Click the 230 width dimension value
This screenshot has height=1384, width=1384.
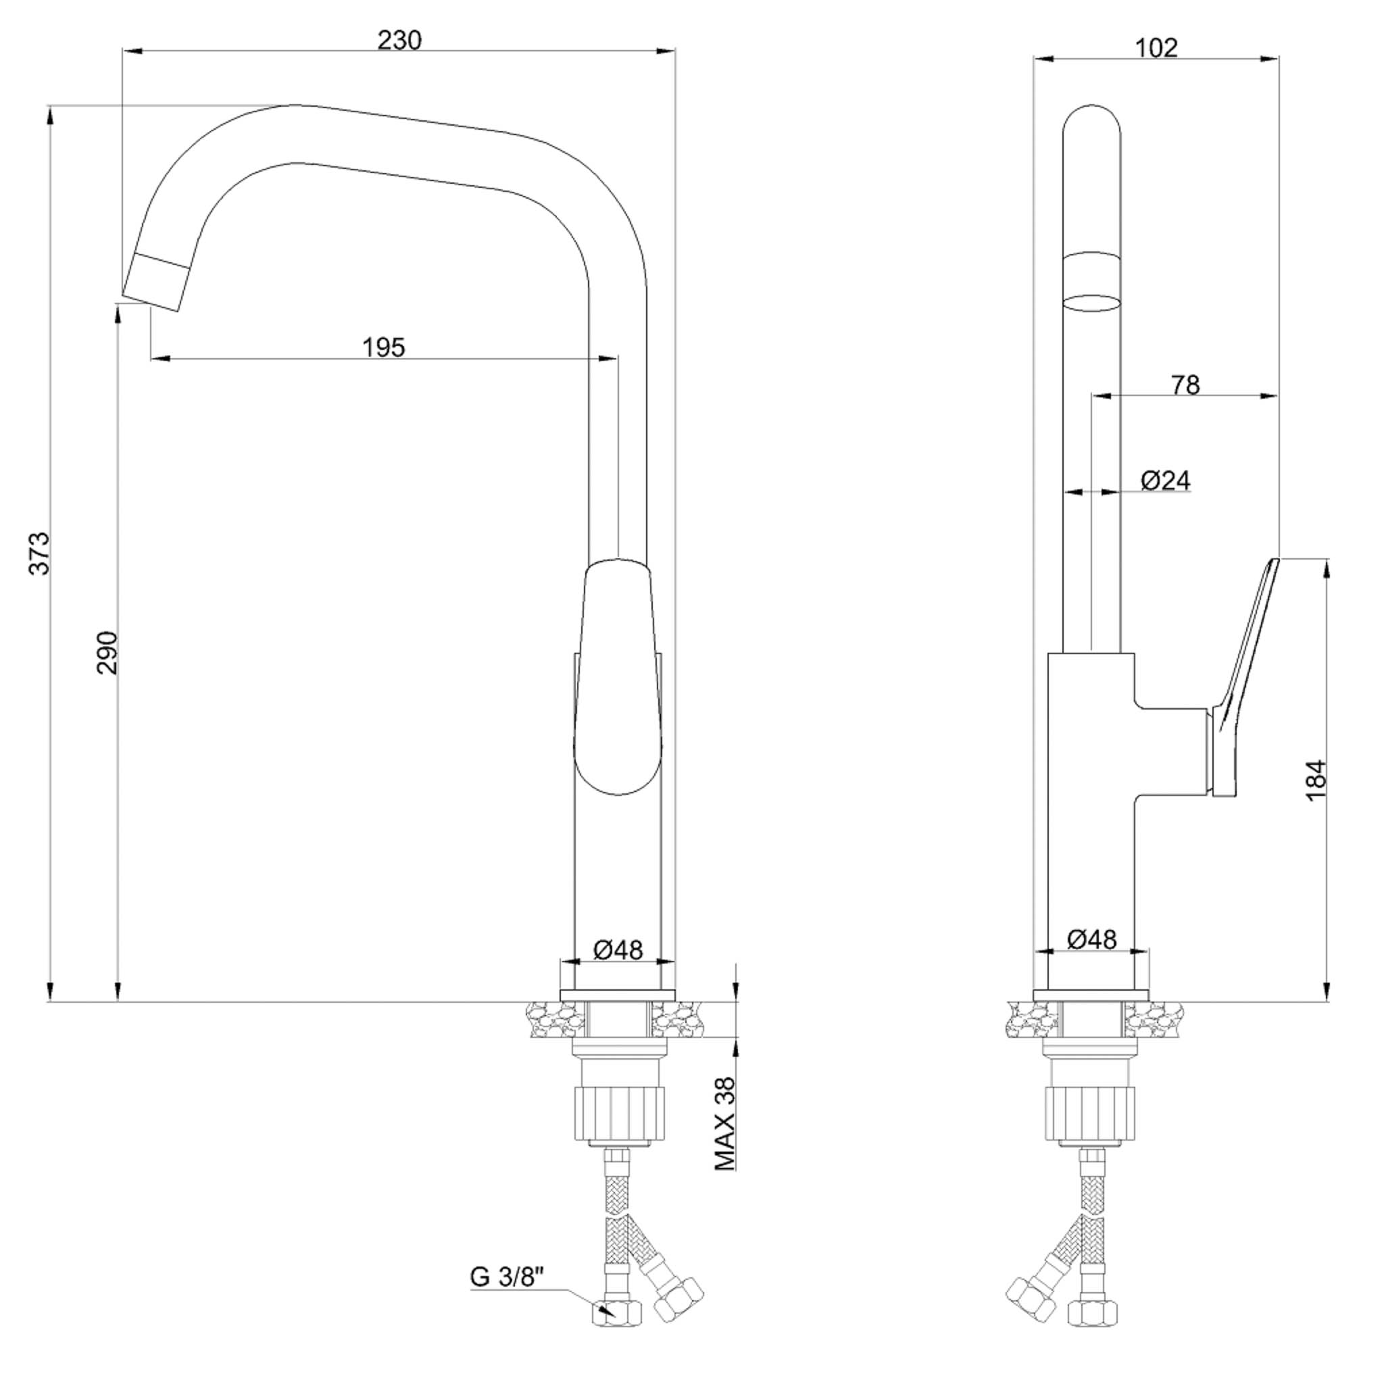coord(399,40)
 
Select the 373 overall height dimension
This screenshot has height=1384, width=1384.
coord(40,553)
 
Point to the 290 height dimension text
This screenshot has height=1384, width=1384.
coord(107,652)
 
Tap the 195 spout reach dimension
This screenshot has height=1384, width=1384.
coord(383,347)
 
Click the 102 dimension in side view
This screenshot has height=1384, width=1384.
coord(1156,47)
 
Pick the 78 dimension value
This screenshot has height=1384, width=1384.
coord(1185,385)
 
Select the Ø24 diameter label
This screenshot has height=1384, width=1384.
coord(1166,480)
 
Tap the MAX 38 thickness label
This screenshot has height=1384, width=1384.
coord(726,1124)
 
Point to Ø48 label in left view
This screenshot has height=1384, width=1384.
coord(618,950)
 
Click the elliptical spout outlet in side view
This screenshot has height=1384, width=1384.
coord(1091,302)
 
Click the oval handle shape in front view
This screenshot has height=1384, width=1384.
coord(618,677)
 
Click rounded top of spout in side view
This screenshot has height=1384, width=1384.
coord(1091,118)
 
